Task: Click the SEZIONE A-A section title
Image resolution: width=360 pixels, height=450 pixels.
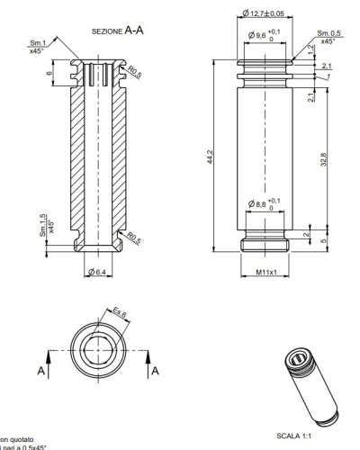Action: pos(116,30)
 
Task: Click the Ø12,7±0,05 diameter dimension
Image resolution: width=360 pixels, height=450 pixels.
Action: pos(263,14)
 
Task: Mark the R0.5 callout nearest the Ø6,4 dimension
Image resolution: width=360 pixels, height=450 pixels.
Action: pos(132,238)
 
